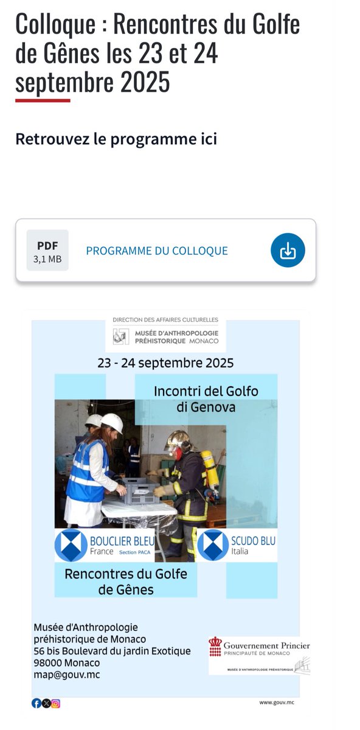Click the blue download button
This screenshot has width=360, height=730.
pyautogui.click(x=288, y=250)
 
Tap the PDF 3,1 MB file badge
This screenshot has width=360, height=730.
pyautogui.click(x=47, y=250)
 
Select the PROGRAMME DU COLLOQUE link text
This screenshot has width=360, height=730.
pyautogui.click(x=157, y=251)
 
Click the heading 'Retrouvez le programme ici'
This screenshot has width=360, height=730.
pyautogui.click(x=116, y=139)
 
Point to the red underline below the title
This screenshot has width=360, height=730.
pyautogui.click(x=43, y=100)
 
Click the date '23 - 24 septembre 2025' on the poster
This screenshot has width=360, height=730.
pyautogui.click(x=165, y=363)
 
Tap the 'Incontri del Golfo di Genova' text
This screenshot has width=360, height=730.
pyautogui.click(x=206, y=399)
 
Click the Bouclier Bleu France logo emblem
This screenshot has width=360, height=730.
pyautogui.click(x=71, y=545)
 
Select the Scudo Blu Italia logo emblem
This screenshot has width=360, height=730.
pyautogui.click(x=213, y=545)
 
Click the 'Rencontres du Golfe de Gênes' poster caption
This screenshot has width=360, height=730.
pyautogui.click(x=126, y=581)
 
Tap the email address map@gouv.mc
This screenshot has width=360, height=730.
pyautogui.click(x=67, y=674)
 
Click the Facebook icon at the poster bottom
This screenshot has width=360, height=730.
pyautogui.click(x=36, y=703)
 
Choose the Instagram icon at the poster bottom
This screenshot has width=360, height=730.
pyautogui.click(x=56, y=703)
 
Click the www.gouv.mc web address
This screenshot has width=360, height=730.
pyautogui.click(x=277, y=702)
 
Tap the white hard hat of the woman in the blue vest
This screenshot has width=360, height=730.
pyautogui.click(x=112, y=422)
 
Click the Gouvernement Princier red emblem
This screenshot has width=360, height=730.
pyautogui.click(x=215, y=647)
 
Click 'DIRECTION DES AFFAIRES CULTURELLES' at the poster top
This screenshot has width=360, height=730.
pyautogui.click(x=165, y=319)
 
